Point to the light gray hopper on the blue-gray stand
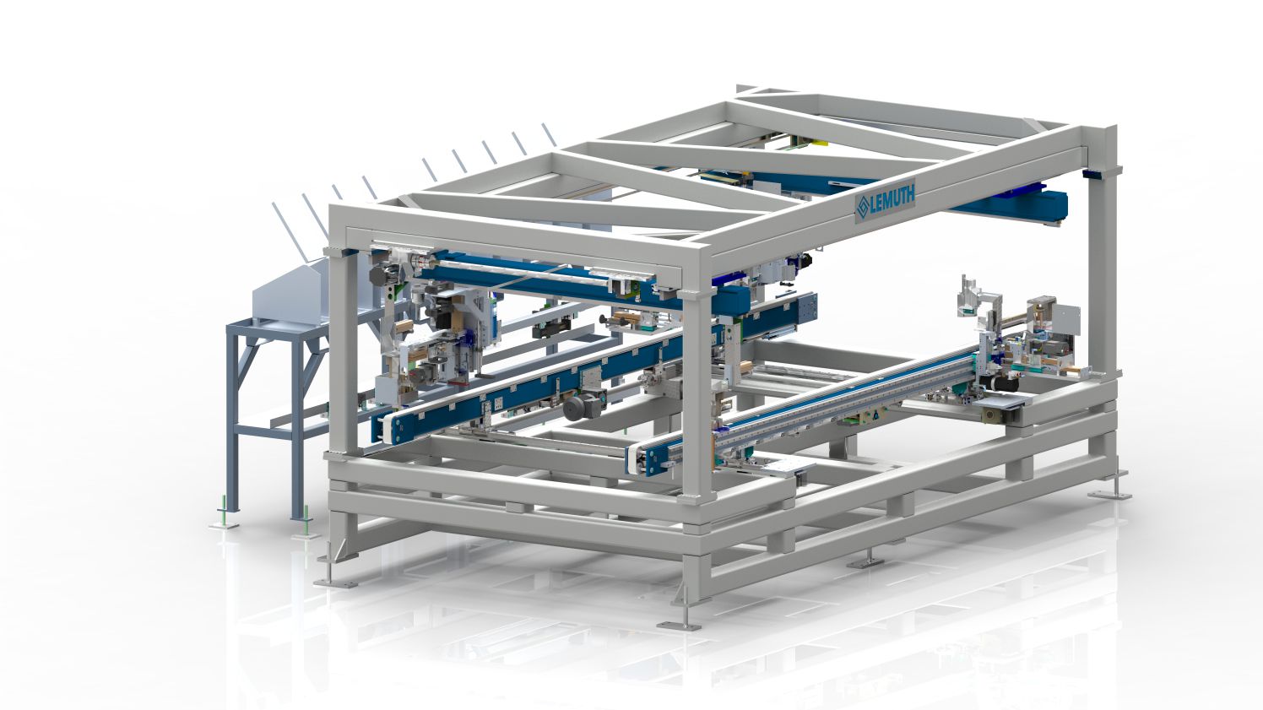(293, 293)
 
